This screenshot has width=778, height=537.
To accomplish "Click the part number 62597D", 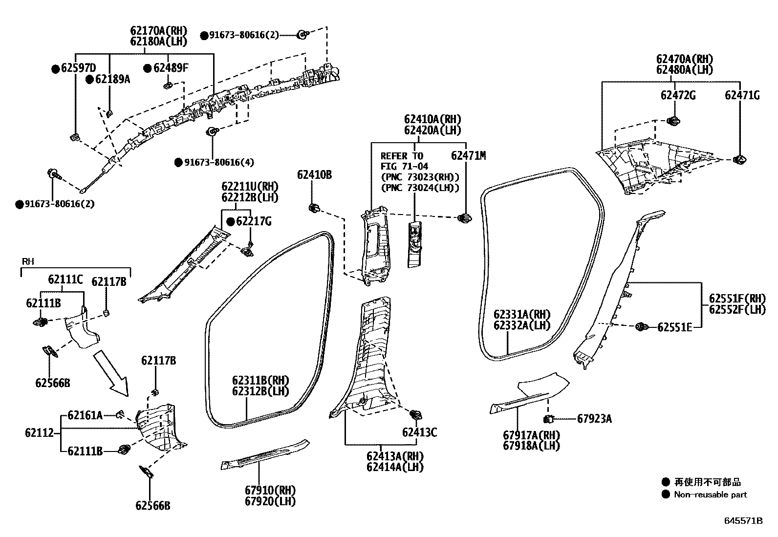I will (x=78, y=68).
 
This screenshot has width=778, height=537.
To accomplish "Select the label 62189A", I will (x=112, y=79).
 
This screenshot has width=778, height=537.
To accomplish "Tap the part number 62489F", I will (x=170, y=68).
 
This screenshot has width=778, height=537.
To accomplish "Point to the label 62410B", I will (x=314, y=174).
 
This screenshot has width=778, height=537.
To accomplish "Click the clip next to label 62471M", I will (x=464, y=218).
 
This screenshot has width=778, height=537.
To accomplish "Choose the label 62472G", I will (x=678, y=96).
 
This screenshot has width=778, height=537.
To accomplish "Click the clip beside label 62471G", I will (x=740, y=159).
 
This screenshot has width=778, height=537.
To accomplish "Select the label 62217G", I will (x=254, y=222).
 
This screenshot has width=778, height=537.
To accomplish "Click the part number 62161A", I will (x=85, y=415).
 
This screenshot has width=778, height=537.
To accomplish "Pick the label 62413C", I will (x=419, y=432).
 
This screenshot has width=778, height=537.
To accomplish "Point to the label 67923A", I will (x=594, y=418).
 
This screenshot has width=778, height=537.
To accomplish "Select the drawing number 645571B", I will (x=743, y=520).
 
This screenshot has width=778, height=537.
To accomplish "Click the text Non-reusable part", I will (x=710, y=494).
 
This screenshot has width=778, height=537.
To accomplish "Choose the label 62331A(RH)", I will (x=521, y=314).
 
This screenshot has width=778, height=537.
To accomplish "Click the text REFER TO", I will (x=402, y=156).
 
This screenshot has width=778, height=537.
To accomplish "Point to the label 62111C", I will (x=65, y=279).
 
